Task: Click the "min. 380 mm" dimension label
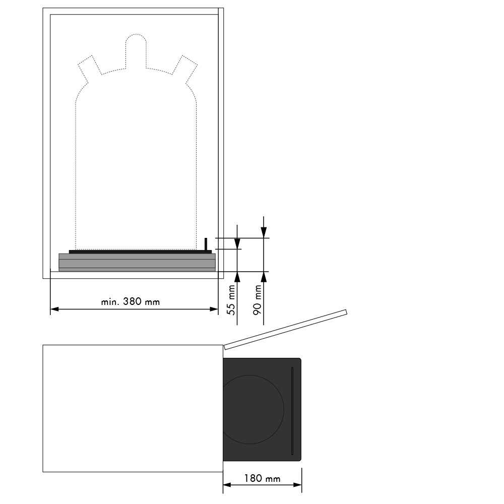130,302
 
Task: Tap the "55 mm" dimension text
231,300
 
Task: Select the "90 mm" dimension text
257,300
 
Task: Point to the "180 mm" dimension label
262,479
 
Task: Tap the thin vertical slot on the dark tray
292,411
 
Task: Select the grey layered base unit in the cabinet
137,263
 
